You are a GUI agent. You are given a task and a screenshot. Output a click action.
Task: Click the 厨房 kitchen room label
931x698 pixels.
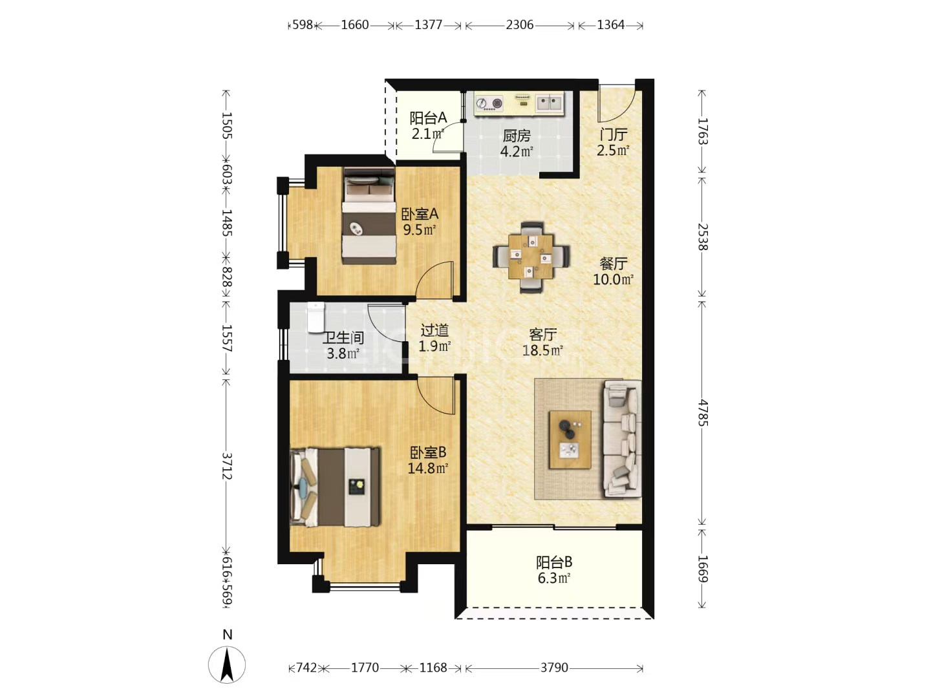pyautogui.click(x=516, y=136)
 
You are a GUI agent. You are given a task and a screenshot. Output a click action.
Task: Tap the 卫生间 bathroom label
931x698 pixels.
pyautogui.click(x=343, y=338)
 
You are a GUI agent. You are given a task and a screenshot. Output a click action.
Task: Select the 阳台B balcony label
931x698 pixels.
pyautogui.click(x=554, y=562)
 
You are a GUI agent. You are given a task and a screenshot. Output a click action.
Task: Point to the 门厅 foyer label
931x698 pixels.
pyautogui.click(x=614, y=134)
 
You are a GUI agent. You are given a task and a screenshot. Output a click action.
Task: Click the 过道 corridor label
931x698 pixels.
pyautogui.click(x=434, y=330)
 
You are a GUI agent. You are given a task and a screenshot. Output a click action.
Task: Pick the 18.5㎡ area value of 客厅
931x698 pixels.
pyautogui.click(x=542, y=350)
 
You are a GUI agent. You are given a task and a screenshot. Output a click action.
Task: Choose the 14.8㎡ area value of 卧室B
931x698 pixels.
pyautogui.click(x=428, y=469)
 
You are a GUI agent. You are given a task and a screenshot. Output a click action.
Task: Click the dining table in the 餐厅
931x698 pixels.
pyautogui.click(x=531, y=257)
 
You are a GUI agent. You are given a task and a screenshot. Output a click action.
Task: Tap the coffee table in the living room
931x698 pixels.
pyautogui.click(x=570, y=439)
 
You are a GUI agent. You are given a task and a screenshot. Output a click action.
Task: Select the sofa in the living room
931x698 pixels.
pyautogui.click(x=622, y=438)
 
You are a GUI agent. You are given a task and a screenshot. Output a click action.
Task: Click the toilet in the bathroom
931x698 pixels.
pyautogui.click(x=316, y=317)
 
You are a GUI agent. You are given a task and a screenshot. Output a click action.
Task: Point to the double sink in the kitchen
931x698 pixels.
pyautogui.click(x=550, y=103)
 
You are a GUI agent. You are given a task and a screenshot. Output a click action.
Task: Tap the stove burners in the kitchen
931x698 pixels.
pyautogui.click(x=489, y=103)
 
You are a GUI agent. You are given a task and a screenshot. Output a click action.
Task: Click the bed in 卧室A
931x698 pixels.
pyautogui.click(x=369, y=216)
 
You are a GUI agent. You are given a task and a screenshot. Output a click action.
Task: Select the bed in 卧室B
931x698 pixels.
pyautogui.click(x=335, y=487)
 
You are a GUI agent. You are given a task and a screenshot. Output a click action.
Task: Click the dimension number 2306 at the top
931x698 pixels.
pyautogui.click(x=520, y=25)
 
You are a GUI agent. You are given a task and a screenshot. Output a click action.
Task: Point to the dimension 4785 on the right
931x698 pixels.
pyautogui.click(x=702, y=413)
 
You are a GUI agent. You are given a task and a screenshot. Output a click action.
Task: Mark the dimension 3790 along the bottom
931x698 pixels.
pyautogui.click(x=554, y=668)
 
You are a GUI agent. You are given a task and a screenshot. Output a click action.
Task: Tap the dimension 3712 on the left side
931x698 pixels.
pyautogui.click(x=227, y=466)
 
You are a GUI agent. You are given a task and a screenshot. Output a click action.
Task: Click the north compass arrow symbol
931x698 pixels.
pyautogui.click(x=227, y=665)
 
